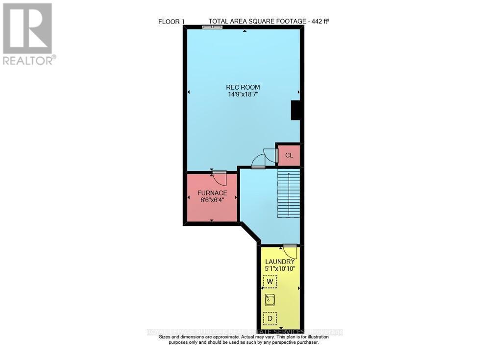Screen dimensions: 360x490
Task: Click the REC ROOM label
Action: click(244, 87)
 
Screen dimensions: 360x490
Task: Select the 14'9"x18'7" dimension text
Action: click(244, 95)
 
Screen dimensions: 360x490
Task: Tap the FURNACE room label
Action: click(212, 193)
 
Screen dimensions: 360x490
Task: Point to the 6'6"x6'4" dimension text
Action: click(212, 200)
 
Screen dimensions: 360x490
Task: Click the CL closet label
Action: click(289, 155)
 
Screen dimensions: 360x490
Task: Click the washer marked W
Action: click(269, 282)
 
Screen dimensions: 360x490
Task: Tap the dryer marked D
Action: click(269, 319)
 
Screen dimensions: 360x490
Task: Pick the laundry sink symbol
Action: click(269, 300)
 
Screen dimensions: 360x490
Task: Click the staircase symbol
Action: click(289, 193)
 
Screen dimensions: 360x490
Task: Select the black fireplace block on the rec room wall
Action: click(295, 110)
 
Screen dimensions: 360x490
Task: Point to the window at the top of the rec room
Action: click(212, 27)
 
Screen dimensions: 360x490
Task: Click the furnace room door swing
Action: click(220, 178)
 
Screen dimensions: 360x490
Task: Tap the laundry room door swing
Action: click(291, 251)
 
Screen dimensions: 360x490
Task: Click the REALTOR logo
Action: click(28, 33)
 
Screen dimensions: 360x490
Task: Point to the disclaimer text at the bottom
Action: click(244, 340)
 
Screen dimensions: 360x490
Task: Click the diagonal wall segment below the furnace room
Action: click(250, 233)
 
